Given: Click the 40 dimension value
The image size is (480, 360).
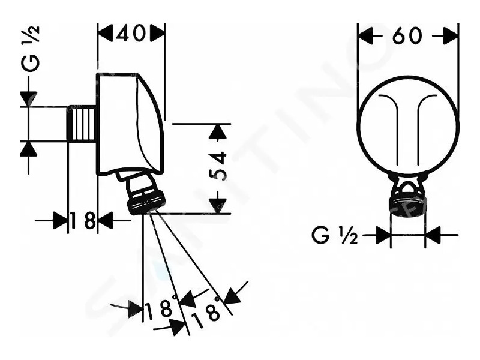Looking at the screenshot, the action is (x=131, y=33).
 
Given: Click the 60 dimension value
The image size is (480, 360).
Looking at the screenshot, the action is (x=407, y=36).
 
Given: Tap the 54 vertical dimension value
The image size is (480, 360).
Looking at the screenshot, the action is (x=218, y=166).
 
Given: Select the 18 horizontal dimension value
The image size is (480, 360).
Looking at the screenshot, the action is (x=82, y=220).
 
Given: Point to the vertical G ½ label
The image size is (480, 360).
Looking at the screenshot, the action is (x=31, y=49).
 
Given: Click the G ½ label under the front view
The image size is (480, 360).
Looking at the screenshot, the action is (x=335, y=236).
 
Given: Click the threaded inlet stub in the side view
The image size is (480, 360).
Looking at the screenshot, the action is (x=82, y=124).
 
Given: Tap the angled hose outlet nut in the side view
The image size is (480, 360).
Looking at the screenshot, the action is (x=142, y=193).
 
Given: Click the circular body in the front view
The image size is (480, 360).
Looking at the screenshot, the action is (x=409, y=126).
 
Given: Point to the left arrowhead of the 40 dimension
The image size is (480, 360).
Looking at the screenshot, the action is (x=106, y=33).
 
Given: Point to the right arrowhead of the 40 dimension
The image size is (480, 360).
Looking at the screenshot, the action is (x=157, y=33).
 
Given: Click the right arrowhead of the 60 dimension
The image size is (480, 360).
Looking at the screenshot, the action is (x=451, y=36).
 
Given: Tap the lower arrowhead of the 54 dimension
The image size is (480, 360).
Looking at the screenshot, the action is (x=217, y=205).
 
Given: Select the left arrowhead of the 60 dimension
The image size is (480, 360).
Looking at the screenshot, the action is (x=365, y=36).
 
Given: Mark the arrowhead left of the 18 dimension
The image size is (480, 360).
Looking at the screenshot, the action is (x=59, y=220).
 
